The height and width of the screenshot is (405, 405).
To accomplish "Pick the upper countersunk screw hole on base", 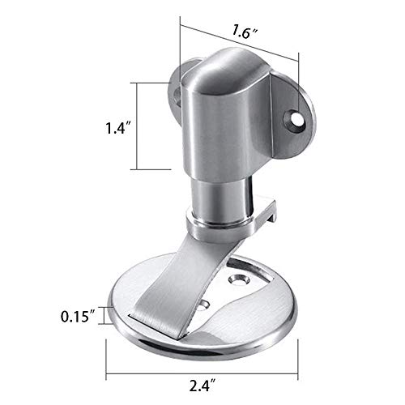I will [x=241, y=279].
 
